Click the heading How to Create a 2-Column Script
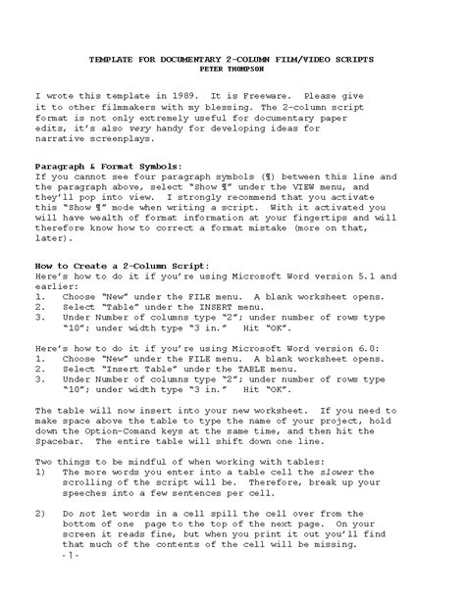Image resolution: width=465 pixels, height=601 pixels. (121, 268)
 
